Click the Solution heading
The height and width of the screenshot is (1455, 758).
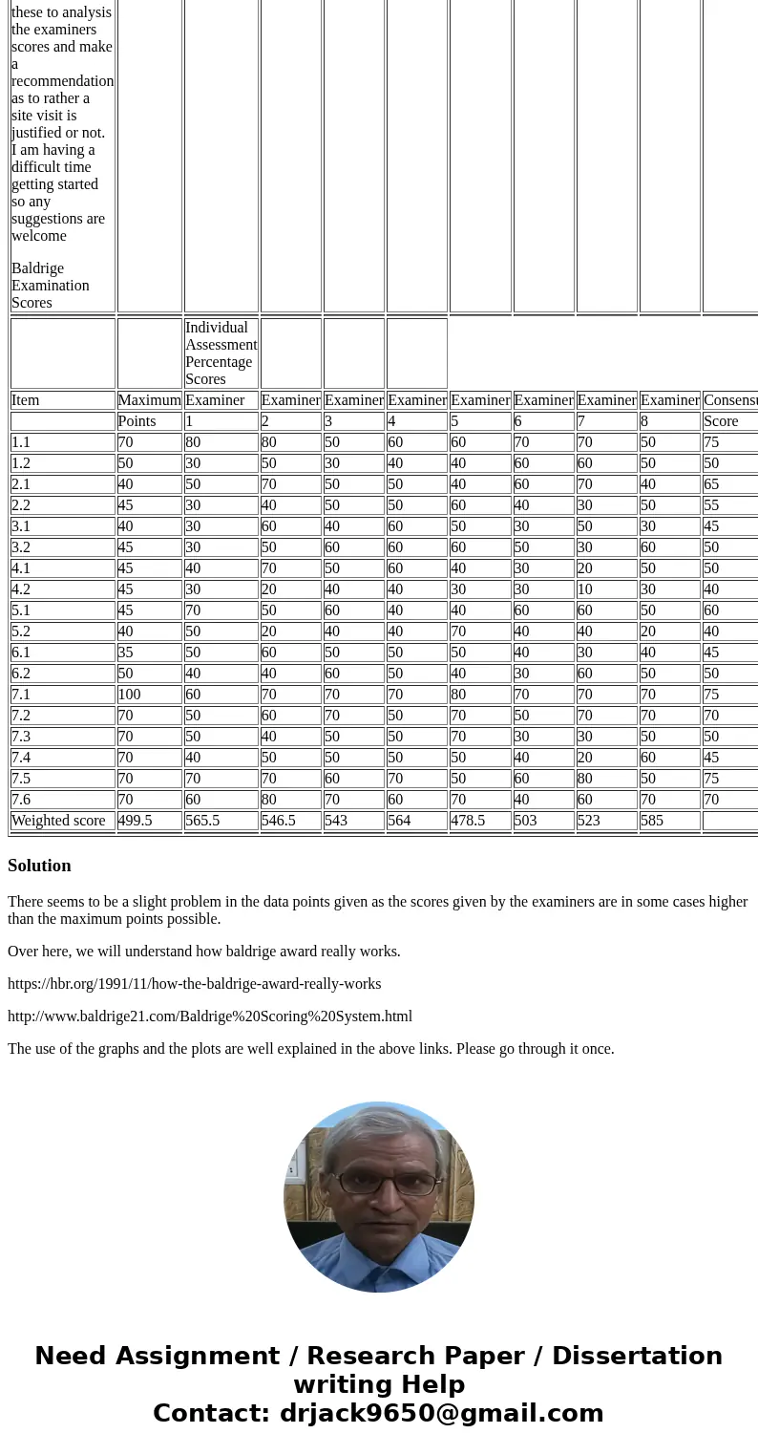point(39,866)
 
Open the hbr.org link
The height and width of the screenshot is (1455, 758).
point(194,984)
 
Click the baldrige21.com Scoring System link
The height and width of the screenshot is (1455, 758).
point(210,1016)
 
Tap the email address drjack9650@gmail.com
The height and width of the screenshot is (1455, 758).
point(441,1414)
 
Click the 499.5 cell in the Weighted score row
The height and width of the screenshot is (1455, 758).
point(136,821)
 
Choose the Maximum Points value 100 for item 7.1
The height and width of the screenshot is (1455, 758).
point(130,695)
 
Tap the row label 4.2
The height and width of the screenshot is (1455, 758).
point(21,589)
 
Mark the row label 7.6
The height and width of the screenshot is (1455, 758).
point(21,800)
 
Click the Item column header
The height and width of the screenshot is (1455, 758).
point(26,400)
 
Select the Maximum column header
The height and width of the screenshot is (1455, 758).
point(149,400)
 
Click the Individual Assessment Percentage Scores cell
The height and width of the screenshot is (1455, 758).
point(221,353)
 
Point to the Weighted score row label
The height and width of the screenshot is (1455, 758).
point(57,821)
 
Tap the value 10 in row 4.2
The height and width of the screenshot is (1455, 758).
point(585,589)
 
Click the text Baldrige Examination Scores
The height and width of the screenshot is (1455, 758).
point(50,286)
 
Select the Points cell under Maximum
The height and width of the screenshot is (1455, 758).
point(137,421)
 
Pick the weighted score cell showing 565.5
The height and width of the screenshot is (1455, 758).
point(202,821)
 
